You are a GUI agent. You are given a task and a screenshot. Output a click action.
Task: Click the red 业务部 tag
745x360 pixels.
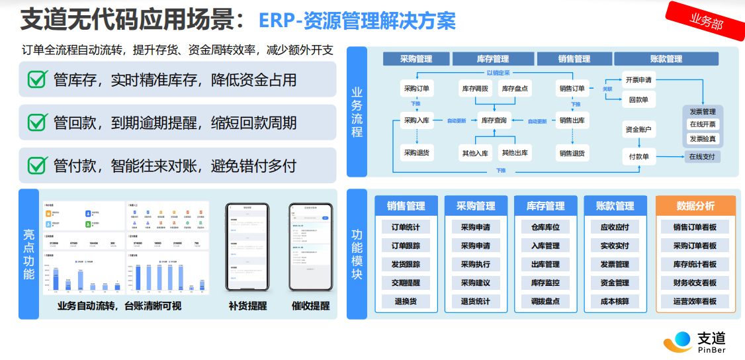coord(705,21)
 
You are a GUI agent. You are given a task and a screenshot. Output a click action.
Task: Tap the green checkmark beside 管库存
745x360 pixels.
coord(37,80)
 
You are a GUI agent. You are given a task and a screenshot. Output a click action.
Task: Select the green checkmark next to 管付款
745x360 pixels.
coord(37,165)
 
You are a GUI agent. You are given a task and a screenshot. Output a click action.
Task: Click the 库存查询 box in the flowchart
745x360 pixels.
coord(494,120)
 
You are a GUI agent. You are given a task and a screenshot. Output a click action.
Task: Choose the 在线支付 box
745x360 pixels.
coord(702,157)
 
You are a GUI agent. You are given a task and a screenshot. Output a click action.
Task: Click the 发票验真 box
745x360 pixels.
coord(703,139)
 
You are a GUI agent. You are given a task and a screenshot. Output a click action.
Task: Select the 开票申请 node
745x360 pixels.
coord(638,81)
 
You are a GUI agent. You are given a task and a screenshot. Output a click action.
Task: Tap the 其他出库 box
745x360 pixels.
coord(515,153)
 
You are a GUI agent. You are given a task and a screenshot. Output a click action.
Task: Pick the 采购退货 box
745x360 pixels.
coord(417,153)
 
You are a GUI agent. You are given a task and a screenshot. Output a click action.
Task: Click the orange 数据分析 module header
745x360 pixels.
coord(695,206)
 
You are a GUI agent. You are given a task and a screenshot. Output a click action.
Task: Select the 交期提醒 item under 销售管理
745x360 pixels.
coord(406,283)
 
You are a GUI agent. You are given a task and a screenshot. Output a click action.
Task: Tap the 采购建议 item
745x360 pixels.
coord(475,283)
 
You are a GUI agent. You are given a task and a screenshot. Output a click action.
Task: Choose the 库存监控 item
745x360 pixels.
coord(545,283)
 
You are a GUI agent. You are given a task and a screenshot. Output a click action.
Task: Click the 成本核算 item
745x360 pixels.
coord(615,301)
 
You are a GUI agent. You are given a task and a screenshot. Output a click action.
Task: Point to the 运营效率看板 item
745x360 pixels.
coord(695,301)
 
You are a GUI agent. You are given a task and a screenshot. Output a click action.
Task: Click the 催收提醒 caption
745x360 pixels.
coord(310,306)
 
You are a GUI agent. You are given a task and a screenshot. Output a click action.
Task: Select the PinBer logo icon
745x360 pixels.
coord(677,342)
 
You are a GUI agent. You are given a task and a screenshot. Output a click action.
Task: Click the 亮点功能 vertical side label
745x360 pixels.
coord(29,255)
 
